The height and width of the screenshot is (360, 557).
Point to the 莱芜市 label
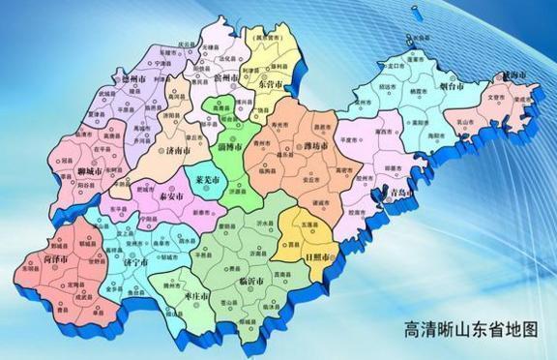207,180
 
